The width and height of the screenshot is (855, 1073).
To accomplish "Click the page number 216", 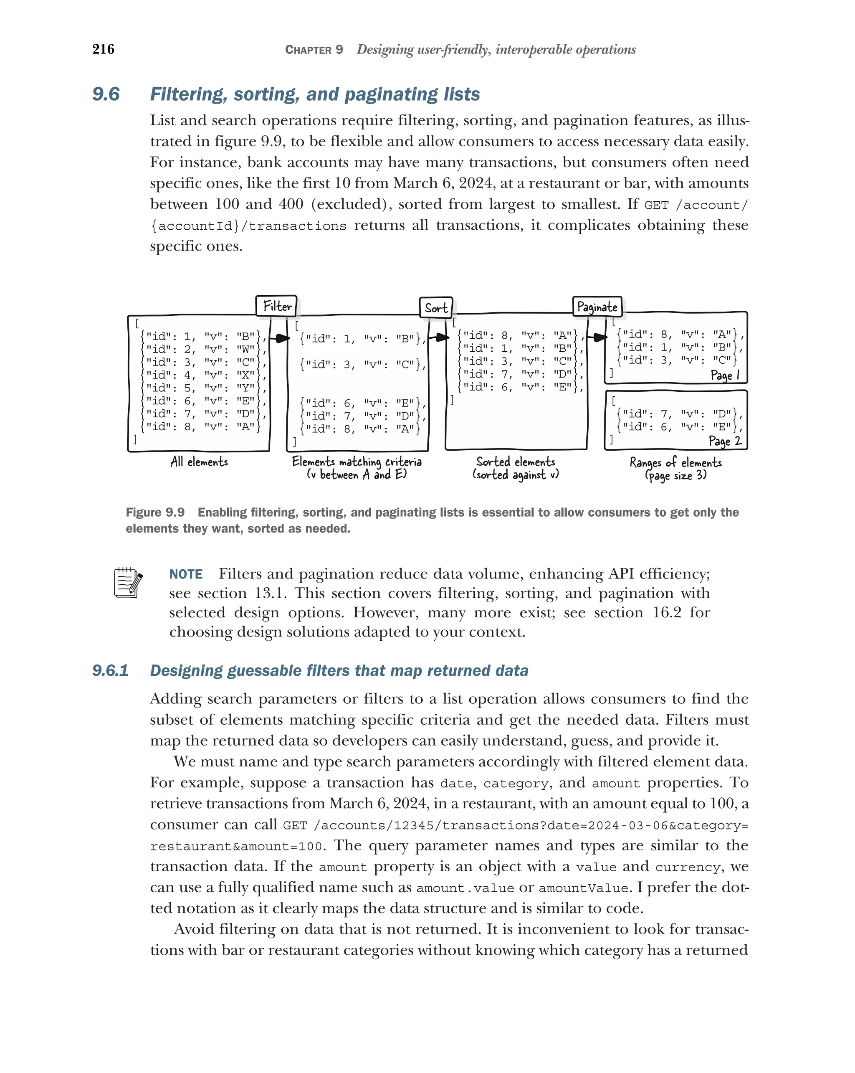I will pyautogui.click(x=103, y=49).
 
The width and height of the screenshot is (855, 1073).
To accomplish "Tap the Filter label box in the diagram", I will pyautogui.click(x=276, y=306).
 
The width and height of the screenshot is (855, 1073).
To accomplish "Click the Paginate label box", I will pyautogui.click(x=597, y=307).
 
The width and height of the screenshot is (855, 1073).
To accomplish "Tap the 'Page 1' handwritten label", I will pyautogui.click(x=725, y=375).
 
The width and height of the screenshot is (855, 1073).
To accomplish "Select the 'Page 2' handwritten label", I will pyautogui.click(x=725, y=441).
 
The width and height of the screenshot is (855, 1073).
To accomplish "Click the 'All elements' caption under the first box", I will pyautogui.click(x=199, y=462).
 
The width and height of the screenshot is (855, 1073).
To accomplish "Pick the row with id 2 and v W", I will pyautogui.click(x=200, y=349).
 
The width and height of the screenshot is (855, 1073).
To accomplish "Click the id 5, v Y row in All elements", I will pyautogui.click(x=200, y=388).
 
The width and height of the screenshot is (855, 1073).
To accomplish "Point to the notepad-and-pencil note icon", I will pyautogui.click(x=128, y=582).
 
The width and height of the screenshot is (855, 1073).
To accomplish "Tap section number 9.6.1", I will pyautogui.click(x=110, y=670).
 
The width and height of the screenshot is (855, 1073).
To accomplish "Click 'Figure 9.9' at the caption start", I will pyautogui.click(x=155, y=512).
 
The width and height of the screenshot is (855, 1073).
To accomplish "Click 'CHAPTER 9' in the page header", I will pyautogui.click(x=314, y=50).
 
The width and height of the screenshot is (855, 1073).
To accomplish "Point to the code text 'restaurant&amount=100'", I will pyautogui.click(x=237, y=847).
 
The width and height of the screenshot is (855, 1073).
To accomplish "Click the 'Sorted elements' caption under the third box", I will pyautogui.click(x=515, y=462).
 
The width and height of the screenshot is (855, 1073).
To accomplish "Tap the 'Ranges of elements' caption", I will pyautogui.click(x=675, y=462).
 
